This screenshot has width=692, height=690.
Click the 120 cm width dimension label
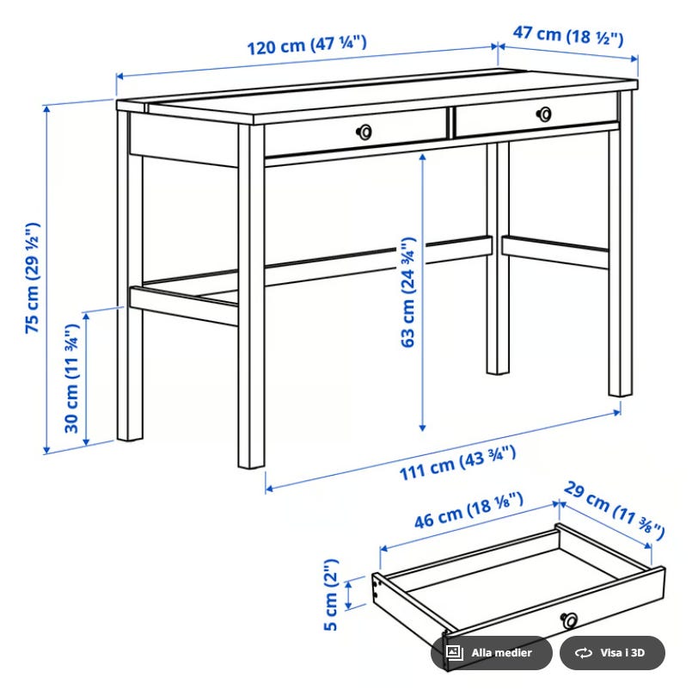tap(307, 45)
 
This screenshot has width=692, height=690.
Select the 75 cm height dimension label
tap(32, 278)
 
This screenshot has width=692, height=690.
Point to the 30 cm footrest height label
tap(71, 379)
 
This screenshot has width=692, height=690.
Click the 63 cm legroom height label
tap(407, 293)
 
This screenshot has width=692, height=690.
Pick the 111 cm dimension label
tap(457, 463)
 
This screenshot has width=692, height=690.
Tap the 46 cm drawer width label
tap(468, 510)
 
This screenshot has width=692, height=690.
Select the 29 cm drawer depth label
tap(614, 510)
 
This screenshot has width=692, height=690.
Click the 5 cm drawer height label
tap(331, 595)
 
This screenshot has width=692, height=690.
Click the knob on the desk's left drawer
tap(364, 131)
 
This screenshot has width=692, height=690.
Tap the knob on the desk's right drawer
tap(544, 114)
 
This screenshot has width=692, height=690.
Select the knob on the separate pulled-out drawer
tap(569, 619)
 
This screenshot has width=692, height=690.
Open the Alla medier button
tap(491, 652)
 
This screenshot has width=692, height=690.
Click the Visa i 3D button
tap(612, 652)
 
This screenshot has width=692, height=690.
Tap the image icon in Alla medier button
tap(454, 652)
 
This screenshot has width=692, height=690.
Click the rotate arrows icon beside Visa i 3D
tap(584, 652)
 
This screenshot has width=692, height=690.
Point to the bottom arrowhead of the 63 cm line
tap(422, 428)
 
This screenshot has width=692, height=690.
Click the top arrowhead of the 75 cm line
tap(46, 108)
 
